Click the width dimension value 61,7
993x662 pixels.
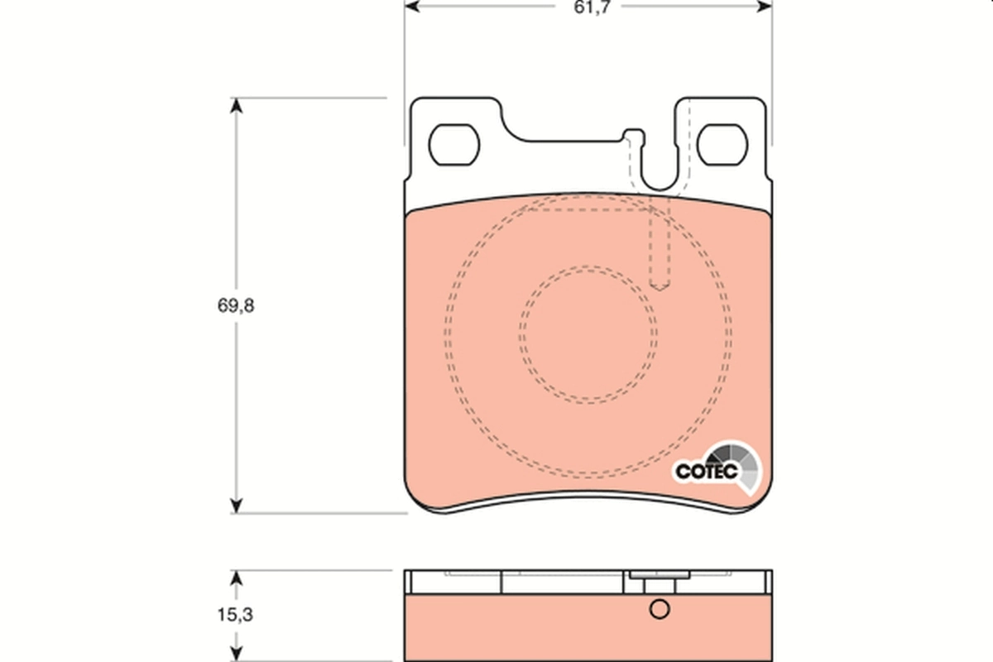(x=588, y=9)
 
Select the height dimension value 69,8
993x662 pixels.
(x=236, y=305)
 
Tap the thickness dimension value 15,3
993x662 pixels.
(x=236, y=615)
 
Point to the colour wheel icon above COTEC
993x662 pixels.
(x=736, y=460)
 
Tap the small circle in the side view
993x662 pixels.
(x=659, y=610)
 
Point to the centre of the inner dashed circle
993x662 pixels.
(x=588, y=334)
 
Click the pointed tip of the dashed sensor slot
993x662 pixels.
(x=660, y=288)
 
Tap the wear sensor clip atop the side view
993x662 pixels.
(x=660, y=576)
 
